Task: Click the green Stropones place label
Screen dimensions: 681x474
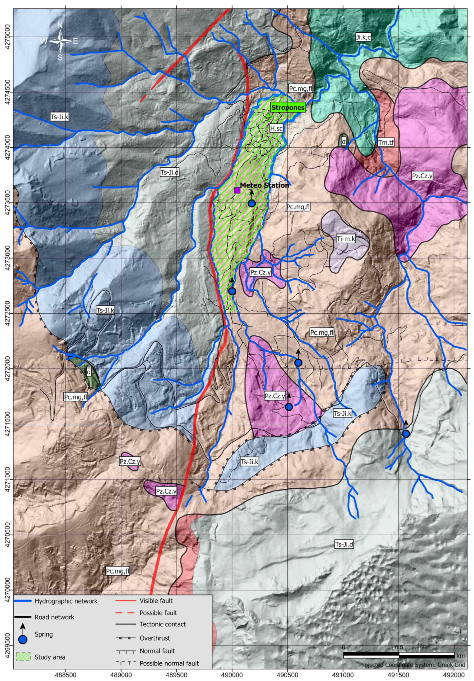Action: click(288, 107)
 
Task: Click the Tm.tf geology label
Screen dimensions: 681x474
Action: click(386, 143)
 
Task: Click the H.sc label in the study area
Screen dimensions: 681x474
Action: click(276, 128)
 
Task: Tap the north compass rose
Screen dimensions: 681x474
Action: click(60, 41)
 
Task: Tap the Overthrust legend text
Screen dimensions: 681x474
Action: click(155, 638)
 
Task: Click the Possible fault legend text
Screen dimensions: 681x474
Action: click(158, 613)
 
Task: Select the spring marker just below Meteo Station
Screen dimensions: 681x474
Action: click(251, 203)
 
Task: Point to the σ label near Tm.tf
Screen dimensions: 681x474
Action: click(344, 142)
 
